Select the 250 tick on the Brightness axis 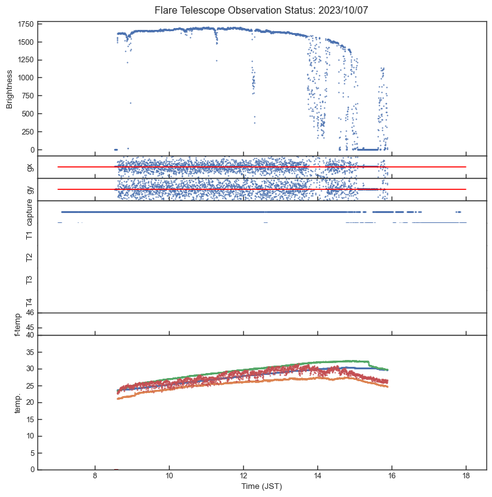(x=27, y=132)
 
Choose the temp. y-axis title (x=9, y=402)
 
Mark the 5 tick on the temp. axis (x=31, y=453)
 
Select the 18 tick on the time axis (x=466, y=476)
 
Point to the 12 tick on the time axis (x=243, y=476)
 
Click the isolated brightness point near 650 (x=130, y=103)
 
